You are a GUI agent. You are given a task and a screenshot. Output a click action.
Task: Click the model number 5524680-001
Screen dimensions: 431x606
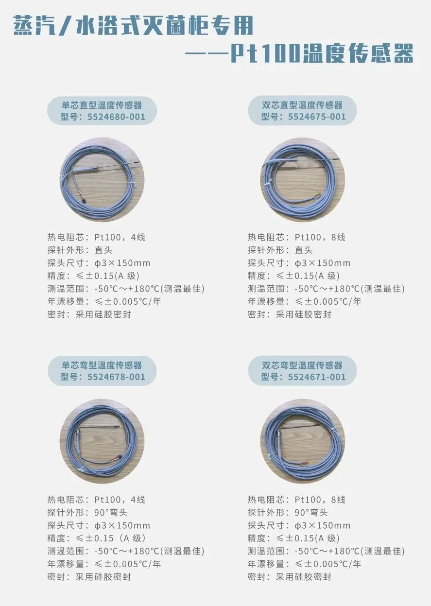(116, 117)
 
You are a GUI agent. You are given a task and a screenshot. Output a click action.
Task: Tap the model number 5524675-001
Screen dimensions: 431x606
(317, 117)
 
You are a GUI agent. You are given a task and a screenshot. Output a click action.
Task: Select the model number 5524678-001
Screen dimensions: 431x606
(116, 377)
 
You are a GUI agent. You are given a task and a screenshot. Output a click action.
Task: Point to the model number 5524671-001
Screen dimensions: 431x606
(317, 377)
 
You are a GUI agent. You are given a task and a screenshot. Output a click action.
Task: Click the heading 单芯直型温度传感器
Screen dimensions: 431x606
(102, 105)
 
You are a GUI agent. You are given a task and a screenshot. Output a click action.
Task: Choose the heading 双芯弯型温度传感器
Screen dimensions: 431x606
(302, 365)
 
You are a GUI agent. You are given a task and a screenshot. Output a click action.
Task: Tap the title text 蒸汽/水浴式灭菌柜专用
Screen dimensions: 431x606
(134, 25)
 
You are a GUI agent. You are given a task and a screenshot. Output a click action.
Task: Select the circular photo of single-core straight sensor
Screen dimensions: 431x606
(102, 180)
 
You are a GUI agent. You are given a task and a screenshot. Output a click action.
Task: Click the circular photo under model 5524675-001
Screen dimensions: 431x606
(303, 180)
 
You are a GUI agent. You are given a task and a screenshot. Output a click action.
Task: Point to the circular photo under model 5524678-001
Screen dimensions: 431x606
(102, 441)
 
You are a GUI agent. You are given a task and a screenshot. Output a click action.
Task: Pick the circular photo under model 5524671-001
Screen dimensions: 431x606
(303, 441)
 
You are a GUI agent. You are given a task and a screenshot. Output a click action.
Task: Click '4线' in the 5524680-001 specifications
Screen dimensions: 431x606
(138, 237)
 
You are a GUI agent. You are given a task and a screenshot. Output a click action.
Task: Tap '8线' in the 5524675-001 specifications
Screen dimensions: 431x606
(338, 237)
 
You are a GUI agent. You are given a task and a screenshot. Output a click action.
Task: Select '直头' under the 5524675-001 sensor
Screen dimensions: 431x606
(304, 250)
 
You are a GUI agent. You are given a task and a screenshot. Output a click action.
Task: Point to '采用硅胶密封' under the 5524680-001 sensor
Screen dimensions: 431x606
(103, 314)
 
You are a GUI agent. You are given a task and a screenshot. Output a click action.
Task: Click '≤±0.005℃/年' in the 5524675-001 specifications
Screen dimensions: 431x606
(328, 301)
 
